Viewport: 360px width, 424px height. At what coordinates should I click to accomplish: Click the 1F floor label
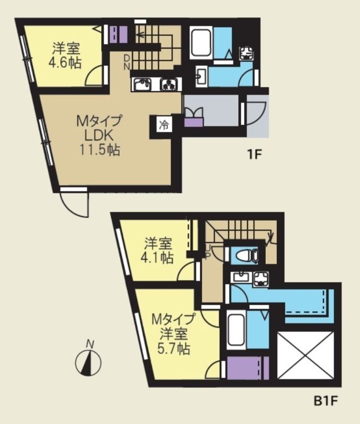(x=255, y=155)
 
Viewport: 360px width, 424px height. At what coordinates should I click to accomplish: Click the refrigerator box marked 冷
(x=164, y=126)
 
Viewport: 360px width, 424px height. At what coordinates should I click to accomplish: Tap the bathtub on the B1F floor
(x=235, y=329)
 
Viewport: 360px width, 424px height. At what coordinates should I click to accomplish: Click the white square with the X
(x=307, y=356)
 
